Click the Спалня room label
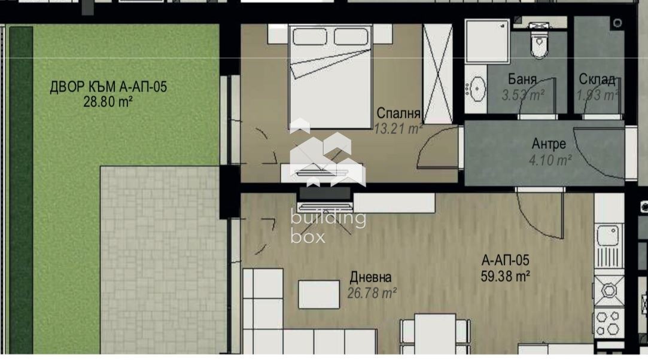point(398,114)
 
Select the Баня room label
point(522,80)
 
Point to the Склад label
point(597,80)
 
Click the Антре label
point(549,144)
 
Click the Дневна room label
point(370,277)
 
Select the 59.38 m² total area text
point(506,276)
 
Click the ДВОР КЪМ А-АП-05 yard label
point(108,87)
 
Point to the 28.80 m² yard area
point(108,102)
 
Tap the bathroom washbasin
point(477,90)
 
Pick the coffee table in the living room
point(318,294)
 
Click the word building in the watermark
point(328,218)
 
